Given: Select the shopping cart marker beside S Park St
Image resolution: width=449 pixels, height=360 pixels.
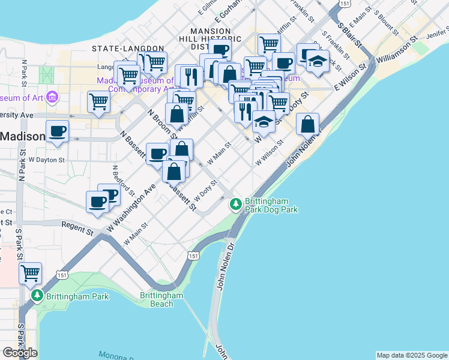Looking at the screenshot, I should [x=30, y=274].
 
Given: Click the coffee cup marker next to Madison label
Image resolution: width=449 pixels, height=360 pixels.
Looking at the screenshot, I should [x=58, y=131].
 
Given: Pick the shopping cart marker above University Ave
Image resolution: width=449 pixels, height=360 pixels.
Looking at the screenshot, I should [x=98, y=101].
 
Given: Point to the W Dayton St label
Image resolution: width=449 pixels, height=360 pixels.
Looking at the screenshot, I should [x=46, y=160].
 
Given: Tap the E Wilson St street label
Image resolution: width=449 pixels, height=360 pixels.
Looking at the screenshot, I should [x=351, y=80].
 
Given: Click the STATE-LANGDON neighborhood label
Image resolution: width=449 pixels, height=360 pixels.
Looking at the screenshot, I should [x=128, y=48].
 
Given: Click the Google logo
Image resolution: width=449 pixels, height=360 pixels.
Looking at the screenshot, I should [x=20, y=353].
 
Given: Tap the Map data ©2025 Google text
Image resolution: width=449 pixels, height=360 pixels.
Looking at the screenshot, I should [x=412, y=355].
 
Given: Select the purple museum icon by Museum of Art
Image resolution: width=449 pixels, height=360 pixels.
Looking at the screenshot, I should [x=52, y=97].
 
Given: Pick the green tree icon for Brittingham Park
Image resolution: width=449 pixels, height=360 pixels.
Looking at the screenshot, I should [x=37, y=296].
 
